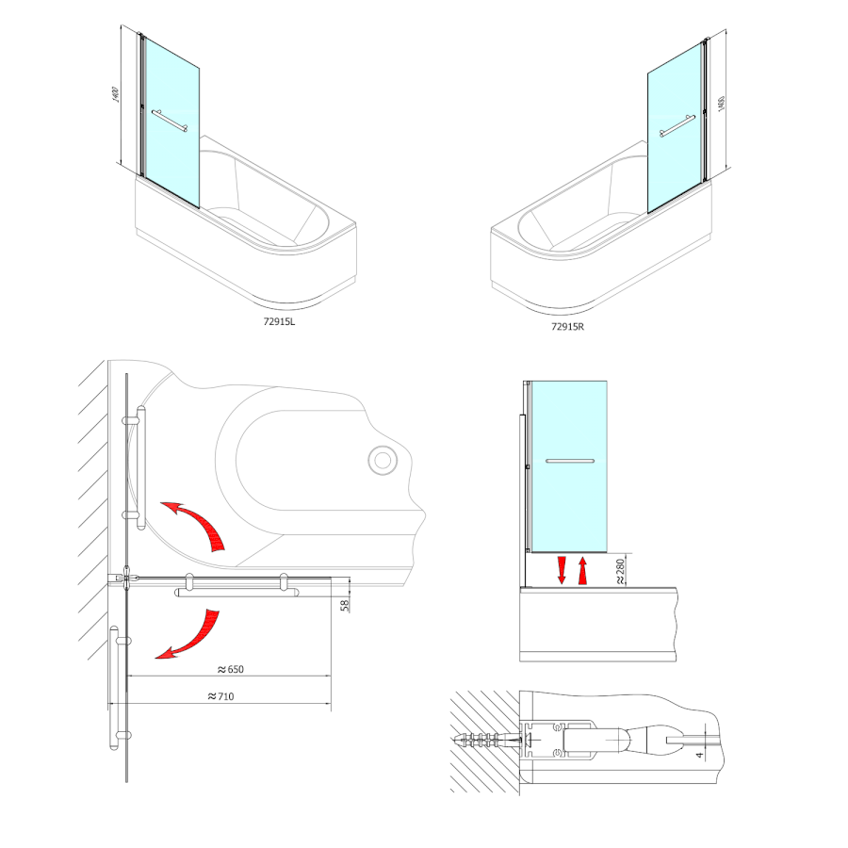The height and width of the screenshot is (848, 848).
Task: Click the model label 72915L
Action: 279,321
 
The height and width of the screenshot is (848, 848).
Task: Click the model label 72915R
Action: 568,327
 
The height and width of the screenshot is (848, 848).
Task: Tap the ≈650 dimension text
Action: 231,670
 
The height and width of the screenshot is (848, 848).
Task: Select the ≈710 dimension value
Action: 221,696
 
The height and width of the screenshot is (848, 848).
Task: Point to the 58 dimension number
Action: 345,605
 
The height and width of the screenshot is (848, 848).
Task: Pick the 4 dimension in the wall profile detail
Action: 700,755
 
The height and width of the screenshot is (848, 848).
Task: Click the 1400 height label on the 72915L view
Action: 115,94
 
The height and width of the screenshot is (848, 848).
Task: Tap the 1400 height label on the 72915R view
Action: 721,104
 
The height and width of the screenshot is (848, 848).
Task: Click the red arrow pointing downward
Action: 562,570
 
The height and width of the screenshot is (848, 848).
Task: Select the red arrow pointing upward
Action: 582,571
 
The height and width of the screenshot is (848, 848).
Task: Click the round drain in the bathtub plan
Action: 383,461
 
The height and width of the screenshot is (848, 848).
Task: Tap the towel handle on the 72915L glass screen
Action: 170,121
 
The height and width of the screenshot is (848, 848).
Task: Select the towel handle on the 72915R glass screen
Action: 677,126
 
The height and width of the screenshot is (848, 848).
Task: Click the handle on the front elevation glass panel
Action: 570,462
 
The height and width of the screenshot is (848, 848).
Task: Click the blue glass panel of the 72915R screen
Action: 675,128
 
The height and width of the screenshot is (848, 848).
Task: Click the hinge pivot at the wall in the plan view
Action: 126,579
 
